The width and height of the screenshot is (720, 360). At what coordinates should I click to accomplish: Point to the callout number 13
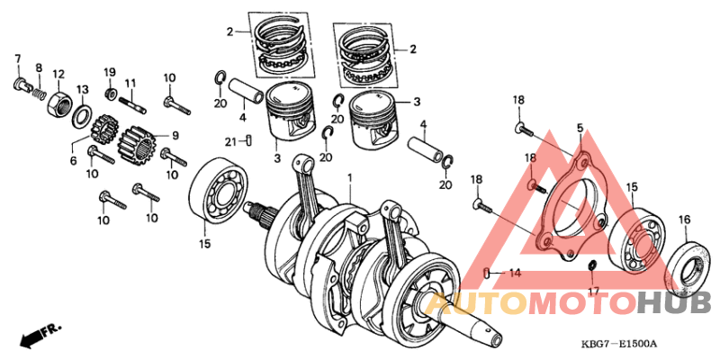82,89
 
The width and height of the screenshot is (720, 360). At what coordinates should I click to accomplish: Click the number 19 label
110,72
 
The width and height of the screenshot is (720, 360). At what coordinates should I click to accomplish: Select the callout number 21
230,141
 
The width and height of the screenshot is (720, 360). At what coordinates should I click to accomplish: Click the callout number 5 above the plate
580,129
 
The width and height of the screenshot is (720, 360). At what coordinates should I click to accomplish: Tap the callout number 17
591,292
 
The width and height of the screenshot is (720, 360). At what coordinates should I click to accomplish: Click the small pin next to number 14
487,272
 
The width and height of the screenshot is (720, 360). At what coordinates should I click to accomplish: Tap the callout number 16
684,220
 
